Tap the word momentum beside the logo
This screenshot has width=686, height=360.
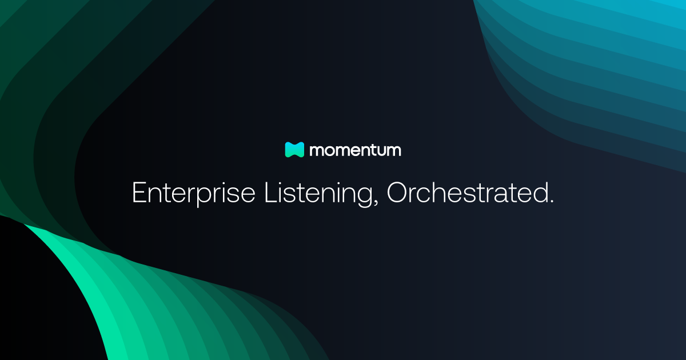point(355,150)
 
